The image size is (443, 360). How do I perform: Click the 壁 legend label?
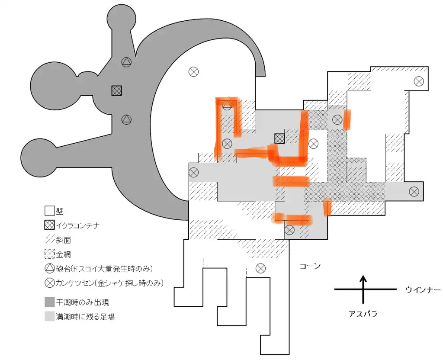(x=60, y=211)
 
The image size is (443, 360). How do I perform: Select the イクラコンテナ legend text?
(x=78, y=225)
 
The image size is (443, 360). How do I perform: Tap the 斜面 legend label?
(x=63, y=240)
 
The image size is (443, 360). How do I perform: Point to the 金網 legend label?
(x=63, y=254)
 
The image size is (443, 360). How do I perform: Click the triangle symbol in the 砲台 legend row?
(x=50, y=268)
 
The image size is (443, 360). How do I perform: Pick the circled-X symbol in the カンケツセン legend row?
(x=50, y=283)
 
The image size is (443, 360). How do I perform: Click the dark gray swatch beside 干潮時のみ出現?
(x=49, y=302)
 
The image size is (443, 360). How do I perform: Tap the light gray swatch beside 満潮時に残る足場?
(x=49, y=316)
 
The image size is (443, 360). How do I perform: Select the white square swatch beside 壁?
(x=49, y=211)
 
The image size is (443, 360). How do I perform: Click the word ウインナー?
(x=423, y=289)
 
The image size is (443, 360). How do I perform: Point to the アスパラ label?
(x=363, y=314)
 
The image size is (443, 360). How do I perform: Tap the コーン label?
(x=310, y=266)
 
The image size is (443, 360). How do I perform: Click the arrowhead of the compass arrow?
(x=363, y=279)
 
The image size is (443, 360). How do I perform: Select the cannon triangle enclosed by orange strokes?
(x=227, y=106)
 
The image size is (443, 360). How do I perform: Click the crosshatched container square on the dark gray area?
(x=117, y=91)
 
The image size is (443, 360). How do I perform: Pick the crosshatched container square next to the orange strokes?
(x=280, y=138)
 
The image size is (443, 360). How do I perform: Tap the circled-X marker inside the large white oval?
(x=193, y=71)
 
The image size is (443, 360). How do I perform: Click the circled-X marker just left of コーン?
(x=260, y=268)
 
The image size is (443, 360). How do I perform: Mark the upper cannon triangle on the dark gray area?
(x=127, y=62)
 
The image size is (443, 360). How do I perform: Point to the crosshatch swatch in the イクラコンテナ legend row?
(x=49, y=225)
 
